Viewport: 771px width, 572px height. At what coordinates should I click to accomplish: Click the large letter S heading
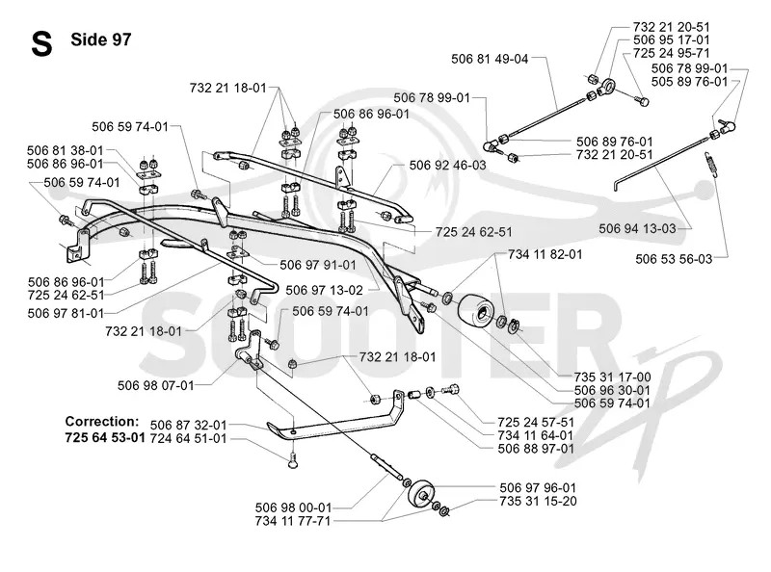tap(41, 44)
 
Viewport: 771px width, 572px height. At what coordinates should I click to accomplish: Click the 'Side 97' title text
tap(101, 39)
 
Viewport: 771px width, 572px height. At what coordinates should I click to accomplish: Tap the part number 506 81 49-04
tap(490, 59)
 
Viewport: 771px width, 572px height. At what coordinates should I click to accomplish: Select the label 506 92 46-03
tap(447, 165)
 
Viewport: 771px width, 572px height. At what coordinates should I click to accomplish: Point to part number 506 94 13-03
tap(637, 228)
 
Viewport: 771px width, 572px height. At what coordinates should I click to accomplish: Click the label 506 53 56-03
tap(674, 259)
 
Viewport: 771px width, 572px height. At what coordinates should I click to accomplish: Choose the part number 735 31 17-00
tap(612, 377)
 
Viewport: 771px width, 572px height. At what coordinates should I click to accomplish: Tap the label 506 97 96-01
tap(538, 488)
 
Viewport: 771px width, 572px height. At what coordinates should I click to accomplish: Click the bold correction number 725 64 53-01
tap(105, 437)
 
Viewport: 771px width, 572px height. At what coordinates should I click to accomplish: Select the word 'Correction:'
tap(102, 422)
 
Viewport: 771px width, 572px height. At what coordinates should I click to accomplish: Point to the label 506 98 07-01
tap(156, 386)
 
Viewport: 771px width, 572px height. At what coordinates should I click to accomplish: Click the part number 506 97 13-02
tap(324, 291)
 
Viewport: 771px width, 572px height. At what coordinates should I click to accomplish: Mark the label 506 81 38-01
tap(66, 150)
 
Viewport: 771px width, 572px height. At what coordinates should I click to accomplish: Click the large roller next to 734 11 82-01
tap(475, 309)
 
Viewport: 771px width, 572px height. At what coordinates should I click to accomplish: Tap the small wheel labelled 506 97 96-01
tap(422, 494)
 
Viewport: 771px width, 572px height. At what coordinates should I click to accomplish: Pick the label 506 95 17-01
tap(671, 39)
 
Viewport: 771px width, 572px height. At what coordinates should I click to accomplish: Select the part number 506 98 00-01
tap(293, 507)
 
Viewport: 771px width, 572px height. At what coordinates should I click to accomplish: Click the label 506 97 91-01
tap(318, 266)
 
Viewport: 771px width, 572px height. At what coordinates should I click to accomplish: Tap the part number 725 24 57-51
tap(536, 423)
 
